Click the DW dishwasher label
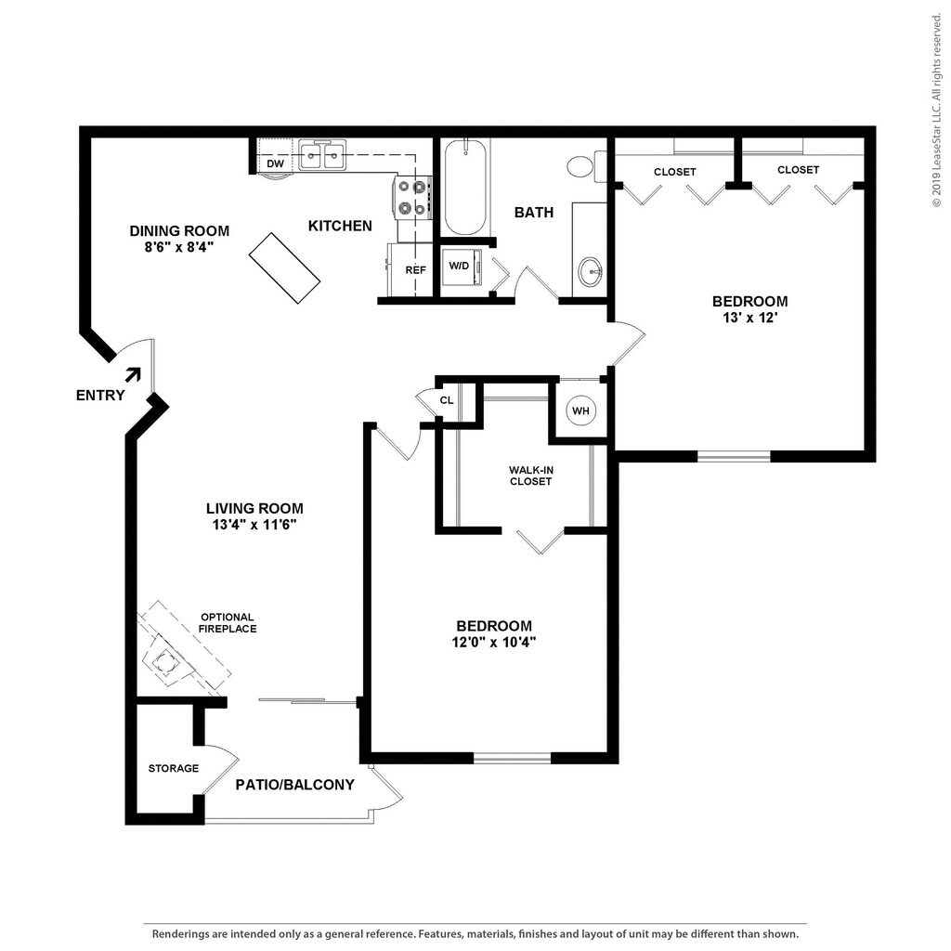[275, 163]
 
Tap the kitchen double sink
[322, 155]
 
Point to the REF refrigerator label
[415, 270]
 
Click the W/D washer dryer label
[459, 266]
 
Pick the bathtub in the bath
[465, 186]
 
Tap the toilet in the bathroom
[587, 166]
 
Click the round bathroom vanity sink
[590, 271]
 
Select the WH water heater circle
[580, 410]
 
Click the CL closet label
[447, 400]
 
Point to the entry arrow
[134, 374]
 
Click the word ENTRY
[100, 396]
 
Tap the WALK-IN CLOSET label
[530, 475]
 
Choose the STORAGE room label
[174, 768]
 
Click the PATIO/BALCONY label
[294, 785]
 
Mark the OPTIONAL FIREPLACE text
[228, 623]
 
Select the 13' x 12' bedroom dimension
[750, 318]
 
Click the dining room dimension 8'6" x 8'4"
[179, 247]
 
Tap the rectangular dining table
[284, 268]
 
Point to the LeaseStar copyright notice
[938, 111]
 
